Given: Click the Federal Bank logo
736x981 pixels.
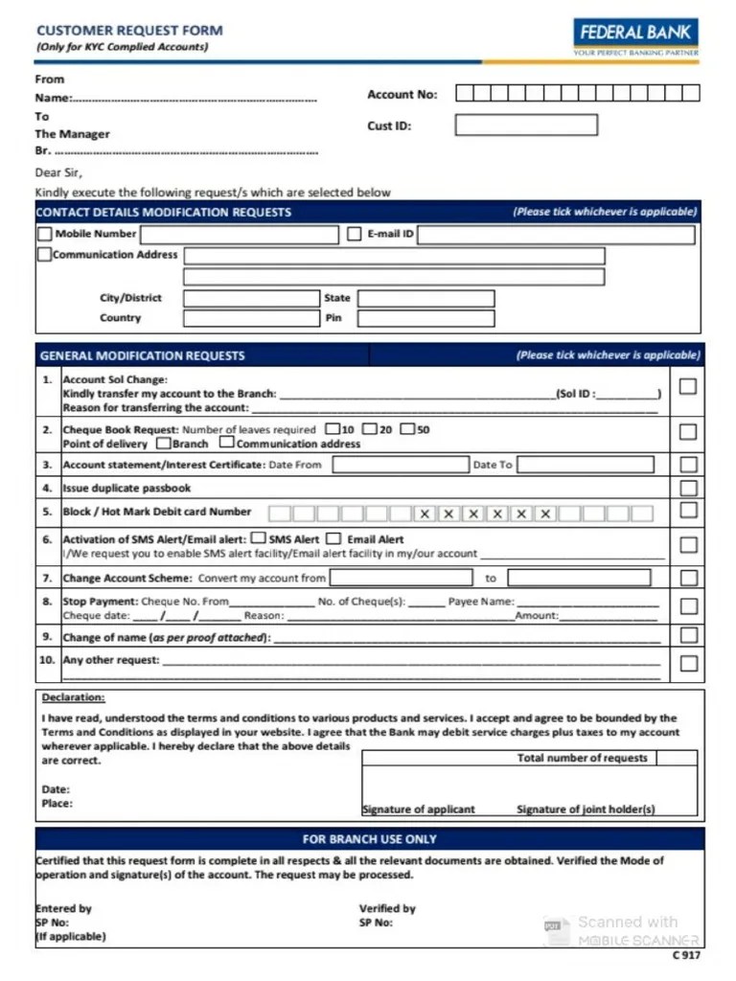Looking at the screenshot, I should (635, 37).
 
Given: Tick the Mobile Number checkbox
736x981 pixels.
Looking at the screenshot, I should (45, 234).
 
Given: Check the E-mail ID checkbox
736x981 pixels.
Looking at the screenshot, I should (354, 234).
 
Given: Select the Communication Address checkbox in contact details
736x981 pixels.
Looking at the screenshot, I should (44, 255).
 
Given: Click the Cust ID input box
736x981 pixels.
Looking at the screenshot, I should (525, 125).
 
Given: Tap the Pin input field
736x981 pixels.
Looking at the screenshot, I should (425, 318).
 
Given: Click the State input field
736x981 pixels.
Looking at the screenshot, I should (425, 298).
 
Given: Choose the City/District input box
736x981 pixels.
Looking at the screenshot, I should (250, 298).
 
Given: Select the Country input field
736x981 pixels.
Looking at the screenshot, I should (250, 318).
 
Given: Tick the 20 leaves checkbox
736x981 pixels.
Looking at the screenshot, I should (370, 429).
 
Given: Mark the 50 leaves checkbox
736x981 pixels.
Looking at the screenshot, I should (407, 429).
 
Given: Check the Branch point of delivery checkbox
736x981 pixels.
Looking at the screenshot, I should (164, 444).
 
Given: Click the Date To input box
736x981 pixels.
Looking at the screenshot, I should (585, 465).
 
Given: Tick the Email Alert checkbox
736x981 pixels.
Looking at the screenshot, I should (333, 538).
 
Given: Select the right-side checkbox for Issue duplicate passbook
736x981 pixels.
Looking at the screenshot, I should (687, 488).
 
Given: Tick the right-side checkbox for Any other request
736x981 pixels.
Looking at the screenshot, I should (687, 663).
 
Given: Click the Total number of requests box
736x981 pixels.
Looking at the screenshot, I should (677, 758).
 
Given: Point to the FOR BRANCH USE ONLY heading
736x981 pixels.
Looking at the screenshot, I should (369, 839).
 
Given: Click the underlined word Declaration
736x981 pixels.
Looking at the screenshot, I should (74, 697).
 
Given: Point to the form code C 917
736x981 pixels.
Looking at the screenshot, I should (686, 955).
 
